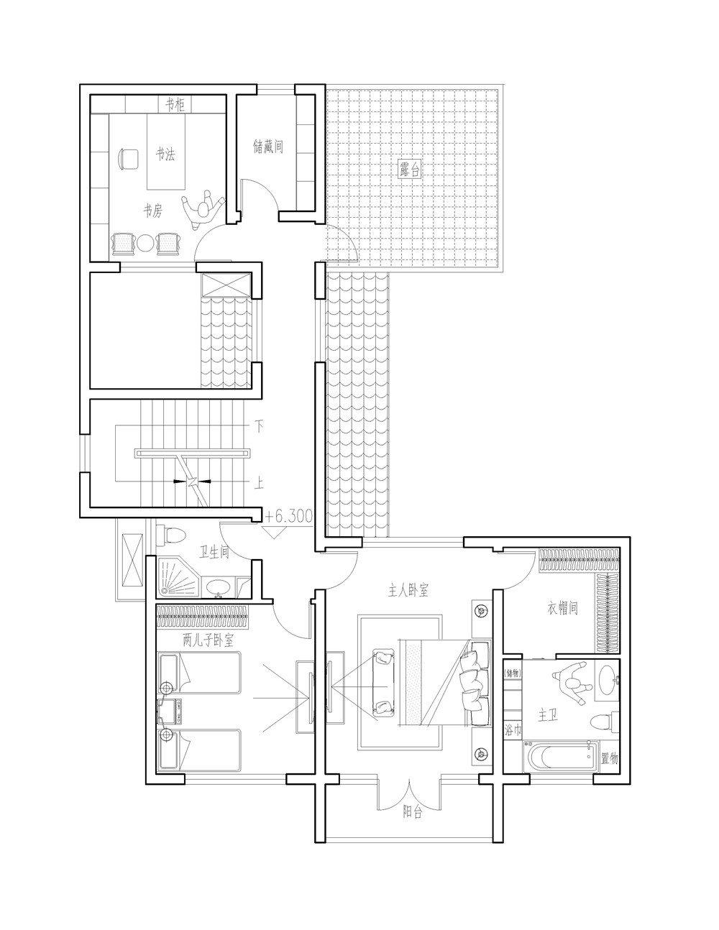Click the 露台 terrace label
pos(411,170)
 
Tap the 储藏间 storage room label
pos(267,147)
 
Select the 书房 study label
pos(152,211)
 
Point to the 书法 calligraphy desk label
pos(165,154)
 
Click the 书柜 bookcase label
pos(175,105)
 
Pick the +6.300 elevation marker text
pos(288,515)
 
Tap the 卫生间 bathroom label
pos(214,552)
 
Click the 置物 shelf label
pos(609,758)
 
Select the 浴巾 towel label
pos(512,732)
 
